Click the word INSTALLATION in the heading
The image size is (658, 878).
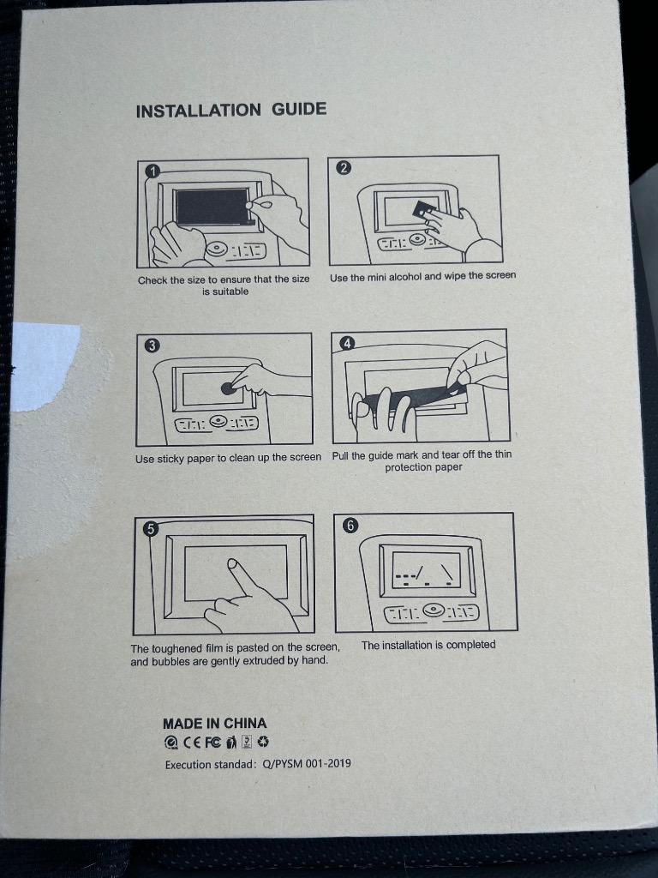coord(199,111)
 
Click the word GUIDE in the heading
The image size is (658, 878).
coord(299,109)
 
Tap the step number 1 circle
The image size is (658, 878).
coord(153,171)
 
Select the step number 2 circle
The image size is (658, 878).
coord(344,167)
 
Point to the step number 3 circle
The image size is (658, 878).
coord(153,346)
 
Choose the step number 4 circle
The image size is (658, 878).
coord(348,343)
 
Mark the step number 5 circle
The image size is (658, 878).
coord(151,529)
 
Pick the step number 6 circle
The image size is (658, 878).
coord(350,526)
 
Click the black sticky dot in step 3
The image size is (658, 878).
coord(228,388)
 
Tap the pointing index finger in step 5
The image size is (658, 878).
coord(240,577)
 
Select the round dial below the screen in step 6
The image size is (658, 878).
coord(433,610)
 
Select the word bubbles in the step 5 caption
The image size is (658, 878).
coord(170,661)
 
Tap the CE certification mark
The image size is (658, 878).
coord(192,743)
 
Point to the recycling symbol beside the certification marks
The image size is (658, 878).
coord(263,742)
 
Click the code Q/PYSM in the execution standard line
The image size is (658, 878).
coord(283,764)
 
